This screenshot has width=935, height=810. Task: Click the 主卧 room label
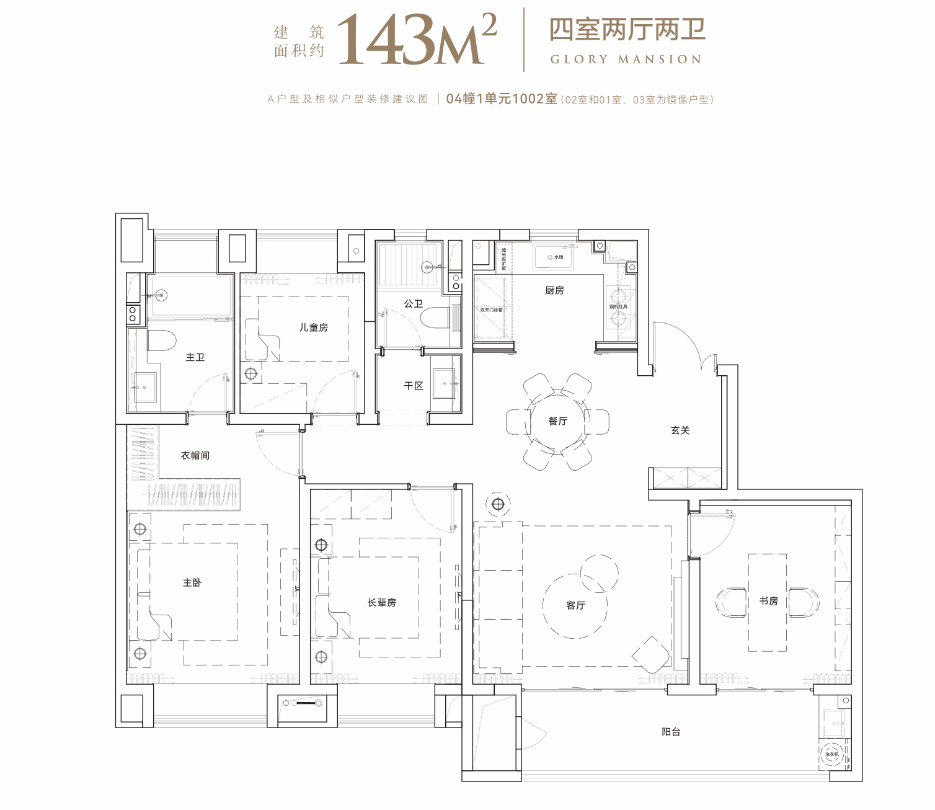[x=192, y=582]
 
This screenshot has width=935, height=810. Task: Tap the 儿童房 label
[x=313, y=327]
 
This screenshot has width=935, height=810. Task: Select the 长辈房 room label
[x=381, y=602]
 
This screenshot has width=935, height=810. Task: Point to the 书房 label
[x=768, y=600]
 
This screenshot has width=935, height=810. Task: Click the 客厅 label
[x=575, y=605]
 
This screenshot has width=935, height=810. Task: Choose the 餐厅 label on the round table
[x=557, y=421]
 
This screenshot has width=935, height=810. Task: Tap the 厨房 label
[x=554, y=290]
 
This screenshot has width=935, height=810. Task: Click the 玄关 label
[x=680, y=430]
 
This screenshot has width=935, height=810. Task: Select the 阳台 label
[x=671, y=732]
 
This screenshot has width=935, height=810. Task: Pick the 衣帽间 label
[x=195, y=455]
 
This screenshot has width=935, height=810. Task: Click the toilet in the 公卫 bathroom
[x=434, y=318]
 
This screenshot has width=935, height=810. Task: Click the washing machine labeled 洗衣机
[x=831, y=755]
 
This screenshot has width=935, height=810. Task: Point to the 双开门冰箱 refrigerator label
[x=491, y=309]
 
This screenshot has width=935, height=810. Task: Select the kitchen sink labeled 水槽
[x=554, y=257]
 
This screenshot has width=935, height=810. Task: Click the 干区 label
[x=413, y=386]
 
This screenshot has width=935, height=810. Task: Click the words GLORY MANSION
[x=626, y=60]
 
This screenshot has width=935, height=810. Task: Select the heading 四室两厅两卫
[x=627, y=29]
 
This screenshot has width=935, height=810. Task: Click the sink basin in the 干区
[x=445, y=384]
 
